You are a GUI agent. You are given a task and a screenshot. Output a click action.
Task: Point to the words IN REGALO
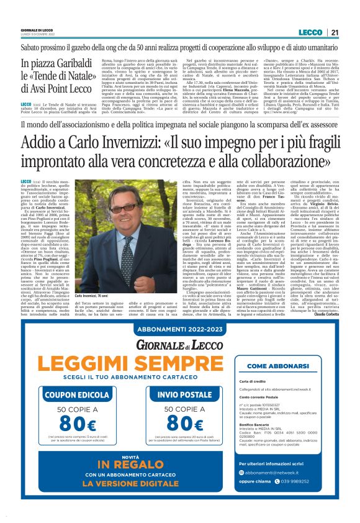pyautogui.click(x=133, y=463)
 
